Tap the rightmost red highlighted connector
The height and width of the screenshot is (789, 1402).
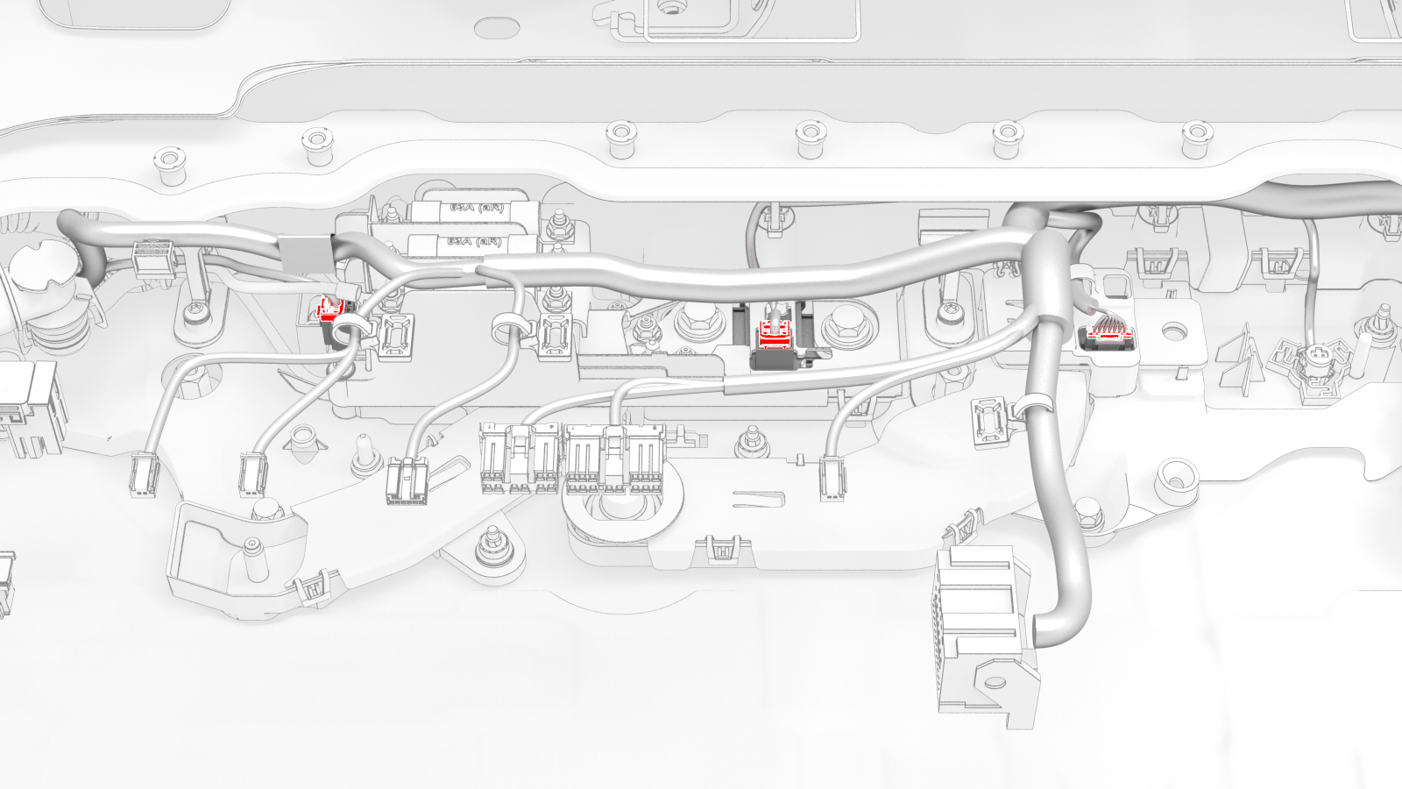(x=1106, y=333)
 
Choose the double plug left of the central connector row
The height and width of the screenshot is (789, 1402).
(x=407, y=482)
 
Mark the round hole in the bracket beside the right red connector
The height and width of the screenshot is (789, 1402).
(x=1172, y=332)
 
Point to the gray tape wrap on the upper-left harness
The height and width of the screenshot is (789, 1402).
(x=302, y=252)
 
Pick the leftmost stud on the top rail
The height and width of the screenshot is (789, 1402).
(x=165, y=164)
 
